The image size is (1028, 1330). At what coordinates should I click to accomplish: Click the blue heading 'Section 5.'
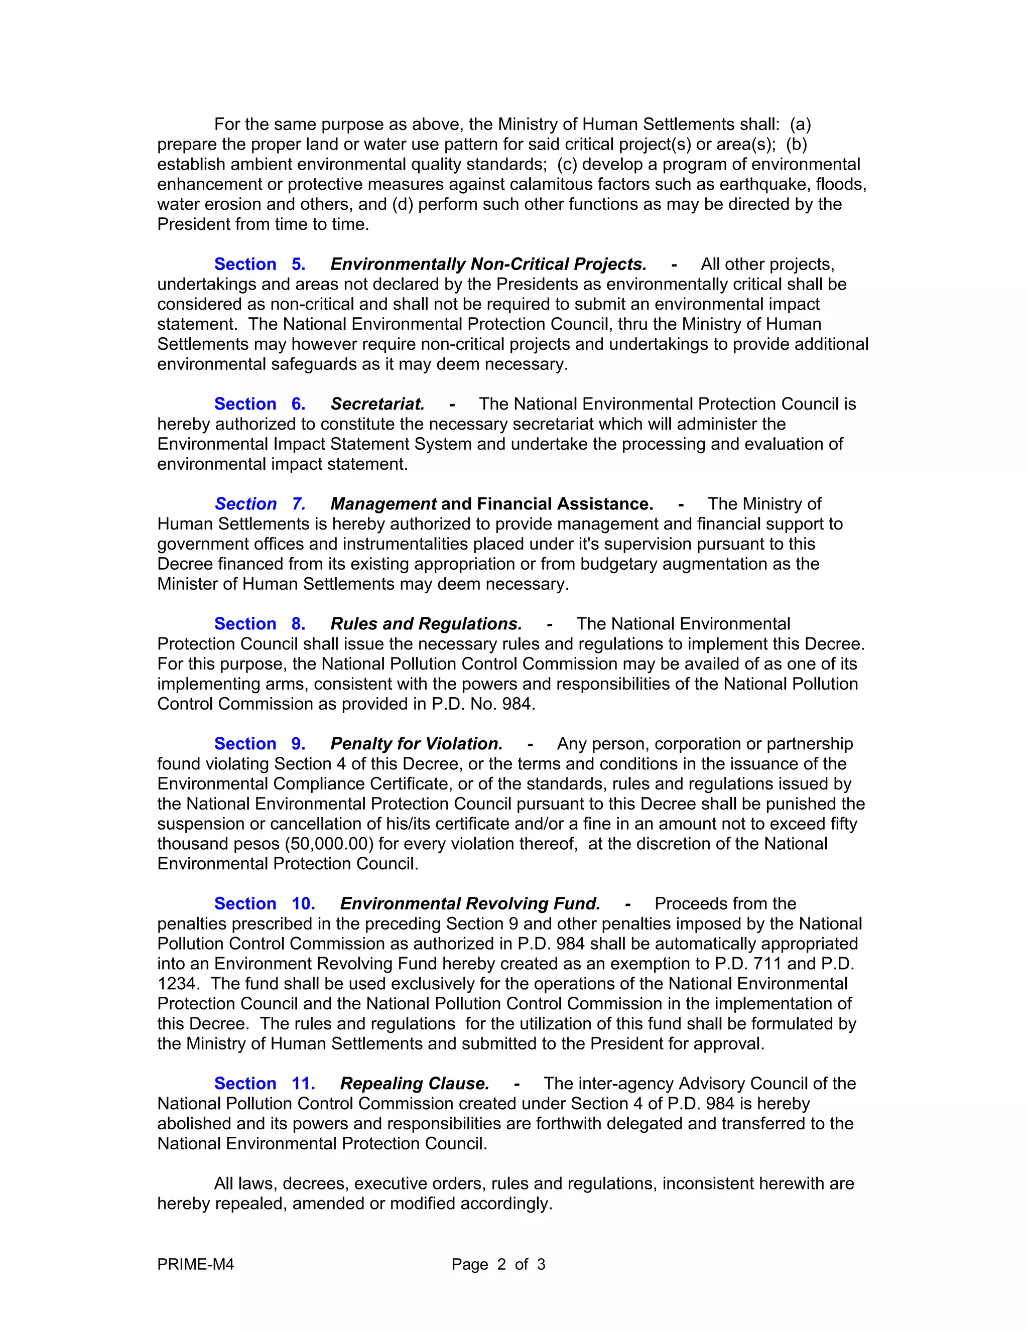coord(260,264)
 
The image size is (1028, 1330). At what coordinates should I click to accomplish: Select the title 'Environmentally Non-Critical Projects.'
coord(488,264)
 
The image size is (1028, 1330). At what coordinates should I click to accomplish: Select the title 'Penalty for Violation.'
coord(416,744)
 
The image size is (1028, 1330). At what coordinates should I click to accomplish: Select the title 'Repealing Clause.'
coord(414,1084)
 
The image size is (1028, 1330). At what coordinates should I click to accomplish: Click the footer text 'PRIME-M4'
coord(195,1265)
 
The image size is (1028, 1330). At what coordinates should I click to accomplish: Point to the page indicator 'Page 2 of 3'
coord(498,1265)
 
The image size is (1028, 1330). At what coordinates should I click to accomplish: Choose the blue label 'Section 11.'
coord(265,1084)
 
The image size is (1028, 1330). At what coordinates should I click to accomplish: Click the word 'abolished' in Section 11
coord(192,1124)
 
